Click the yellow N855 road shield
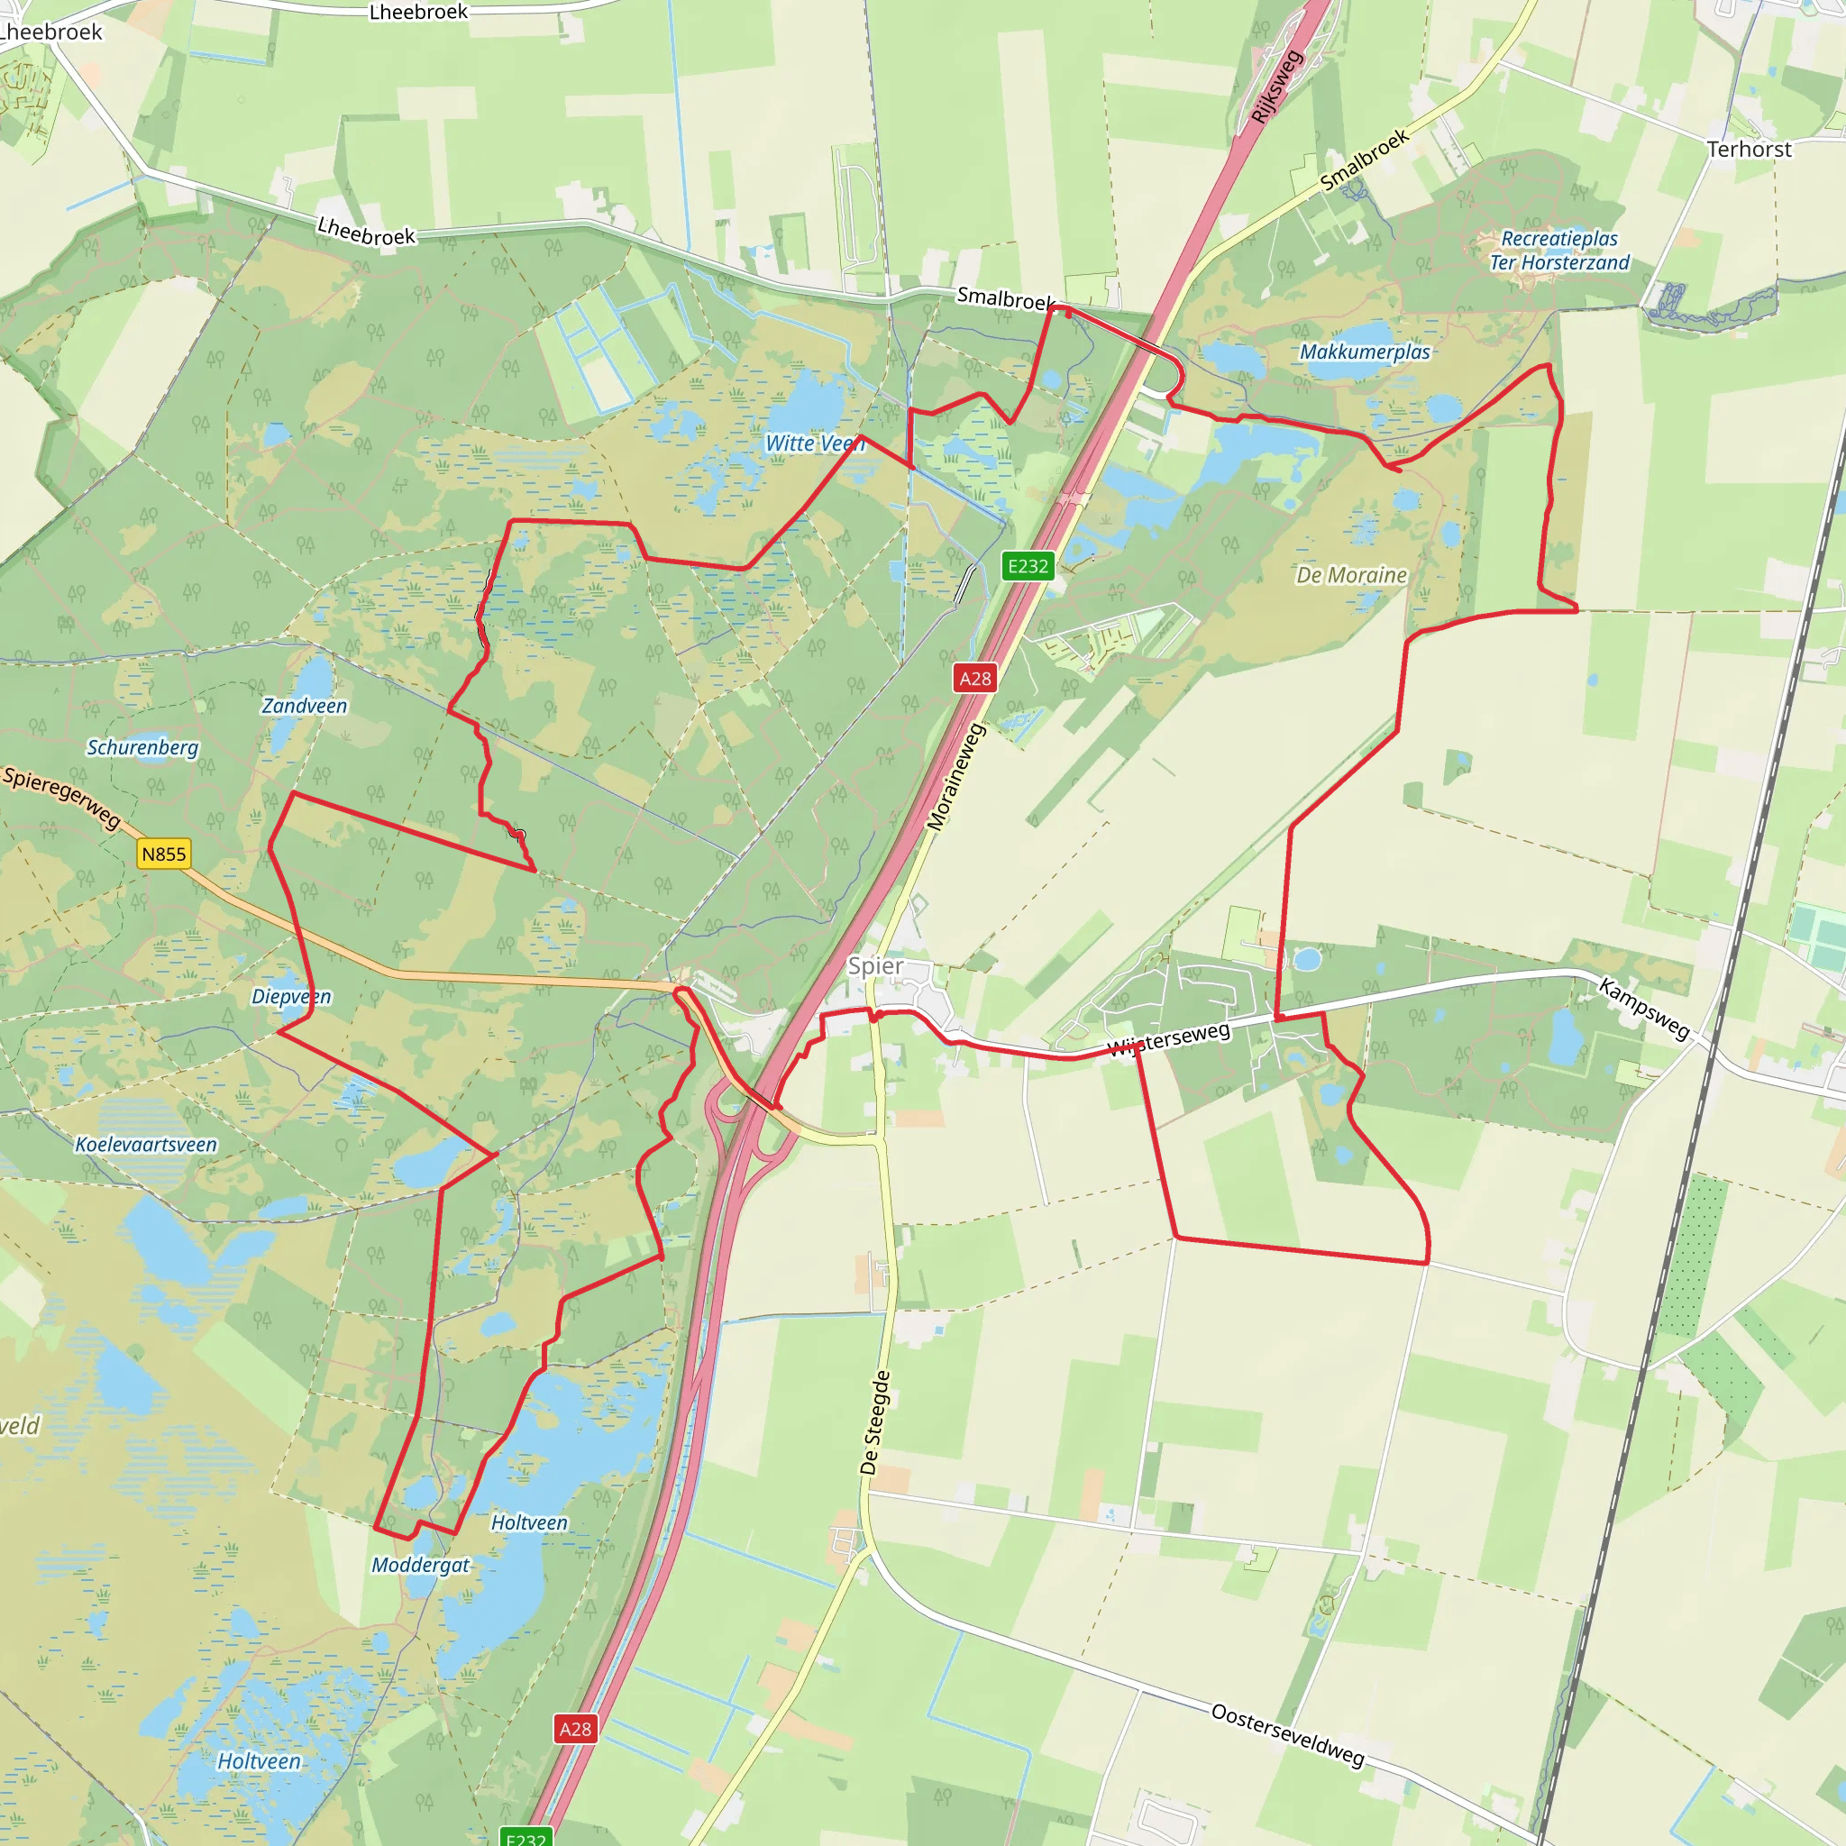163,854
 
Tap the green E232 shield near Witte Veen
1028,566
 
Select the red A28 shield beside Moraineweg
974,679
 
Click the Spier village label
875,966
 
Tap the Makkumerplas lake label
1365,352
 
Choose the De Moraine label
1351,575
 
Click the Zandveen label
304,706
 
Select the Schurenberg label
142,747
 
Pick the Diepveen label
290,997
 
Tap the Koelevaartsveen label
146,1145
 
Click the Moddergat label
420,1565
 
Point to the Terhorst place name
1749,149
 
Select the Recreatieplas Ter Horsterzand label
1559,251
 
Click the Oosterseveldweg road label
1287,1734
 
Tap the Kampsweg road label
1643,1008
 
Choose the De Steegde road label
875,1422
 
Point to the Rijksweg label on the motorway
1276,86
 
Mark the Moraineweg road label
955,777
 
